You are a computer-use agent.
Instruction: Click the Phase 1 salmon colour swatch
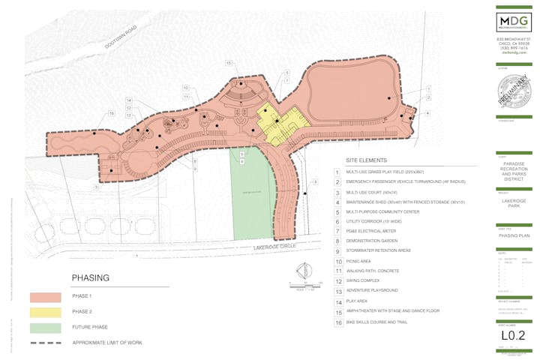[x=44, y=297]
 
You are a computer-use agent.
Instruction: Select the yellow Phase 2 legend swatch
[x=44, y=312]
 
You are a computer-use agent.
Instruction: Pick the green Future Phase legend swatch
[x=44, y=327]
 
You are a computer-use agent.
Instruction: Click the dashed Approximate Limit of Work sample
[x=44, y=342]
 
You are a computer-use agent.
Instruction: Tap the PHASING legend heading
[x=91, y=278]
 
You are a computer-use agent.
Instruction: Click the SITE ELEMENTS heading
[x=366, y=161]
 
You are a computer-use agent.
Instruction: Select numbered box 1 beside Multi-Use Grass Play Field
[x=337, y=172]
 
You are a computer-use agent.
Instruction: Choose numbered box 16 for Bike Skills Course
[x=337, y=322]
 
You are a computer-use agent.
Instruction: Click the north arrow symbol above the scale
[x=303, y=271]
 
